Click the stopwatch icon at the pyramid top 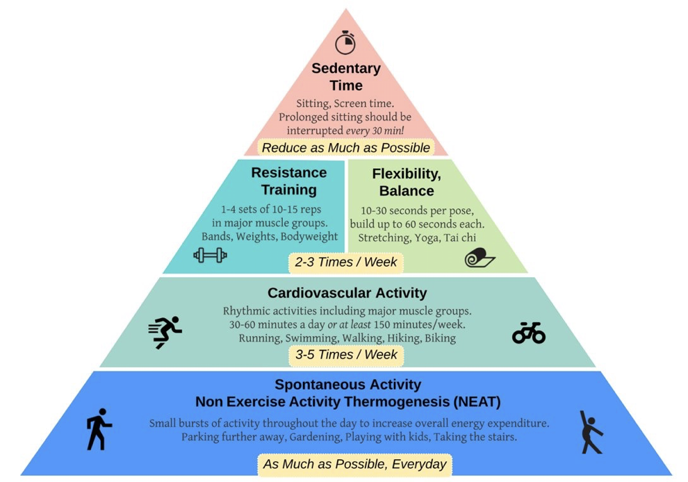coord(345,42)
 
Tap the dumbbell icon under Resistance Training coord(210,256)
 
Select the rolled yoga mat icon coord(480,258)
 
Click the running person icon coord(165,331)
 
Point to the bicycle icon coord(529,333)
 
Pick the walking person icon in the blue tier coord(99,429)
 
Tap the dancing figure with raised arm coord(590,431)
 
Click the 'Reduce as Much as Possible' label coord(346,147)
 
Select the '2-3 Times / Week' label coord(346,262)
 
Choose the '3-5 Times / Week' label coord(346,355)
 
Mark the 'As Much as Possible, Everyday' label coord(354,464)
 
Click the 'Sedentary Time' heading coord(346,77)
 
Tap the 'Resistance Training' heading coord(288,181)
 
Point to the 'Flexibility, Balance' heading coord(407,182)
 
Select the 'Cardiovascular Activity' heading coord(347,292)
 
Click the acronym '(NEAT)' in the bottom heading coord(477,401)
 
